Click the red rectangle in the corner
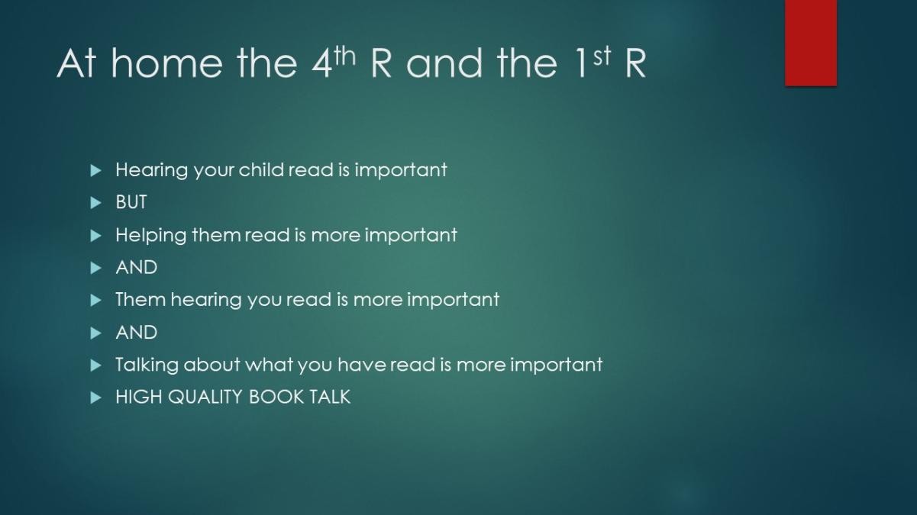click(811, 43)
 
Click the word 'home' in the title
click(166, 63)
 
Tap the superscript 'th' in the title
click(344, 56)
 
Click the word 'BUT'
click(131, 202)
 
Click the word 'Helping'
click(150, 236)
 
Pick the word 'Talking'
click(147, 365)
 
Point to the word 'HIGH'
click(139, 397)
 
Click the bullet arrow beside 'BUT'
click(95, 202)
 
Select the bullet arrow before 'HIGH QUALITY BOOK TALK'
click(95, 398)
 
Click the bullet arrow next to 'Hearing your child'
click(95, 170)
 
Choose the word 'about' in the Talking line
click(211, 365)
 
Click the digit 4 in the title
click(321, 63)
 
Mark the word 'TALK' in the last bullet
click(330, 397)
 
